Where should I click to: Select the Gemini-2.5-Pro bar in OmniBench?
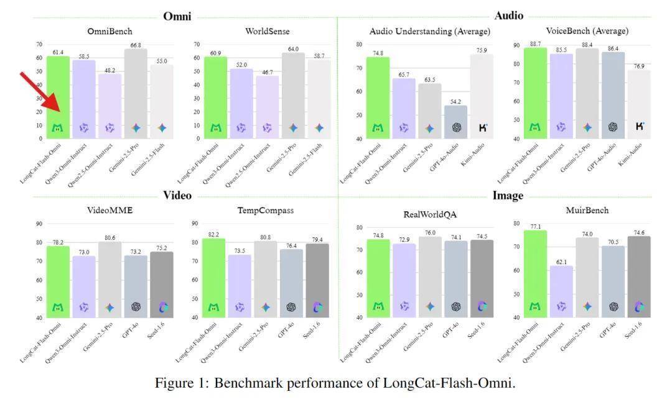click(x=136, y=93)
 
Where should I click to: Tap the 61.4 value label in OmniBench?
click(x=57, y=52)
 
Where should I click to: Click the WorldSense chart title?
click(x=267, y=31)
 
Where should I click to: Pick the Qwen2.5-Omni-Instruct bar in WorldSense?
click(x=267, y=106)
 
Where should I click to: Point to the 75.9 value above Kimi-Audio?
click(x=481, y=50)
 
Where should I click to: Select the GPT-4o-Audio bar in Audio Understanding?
click(x=455, y=122)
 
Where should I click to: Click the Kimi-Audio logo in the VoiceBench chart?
click(x=639, y=127)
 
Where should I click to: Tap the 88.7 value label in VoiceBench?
click(x=535, y=44)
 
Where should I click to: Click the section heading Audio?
click(x=508, y=16)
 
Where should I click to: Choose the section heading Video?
click(x=177, y=195)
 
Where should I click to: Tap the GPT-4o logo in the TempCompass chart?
click(x=291, y=307)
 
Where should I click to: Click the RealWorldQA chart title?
click(x=430, y=215)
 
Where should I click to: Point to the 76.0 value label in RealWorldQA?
click(x=430, y=232)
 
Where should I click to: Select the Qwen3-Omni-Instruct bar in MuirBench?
click(x=561, y=291)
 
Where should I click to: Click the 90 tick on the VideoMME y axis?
click(x=39, y=224)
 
